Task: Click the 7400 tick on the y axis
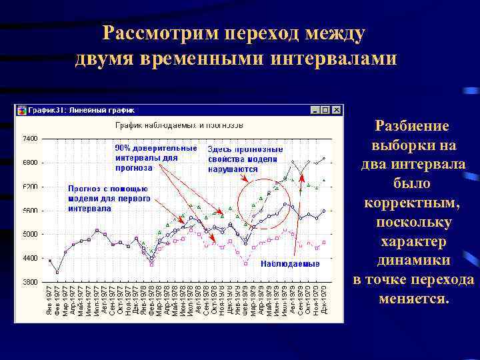tap(30, 139)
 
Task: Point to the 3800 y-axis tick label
tap(30, 282)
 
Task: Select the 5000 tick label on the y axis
tap(30, 234)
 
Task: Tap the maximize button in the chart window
tap(326, 110)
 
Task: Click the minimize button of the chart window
tap(316, 110)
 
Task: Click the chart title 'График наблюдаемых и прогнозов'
tap(179, 125)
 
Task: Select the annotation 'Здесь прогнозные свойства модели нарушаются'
tap(245, 159)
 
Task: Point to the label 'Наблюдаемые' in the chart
tap(290, 264)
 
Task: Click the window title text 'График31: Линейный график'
tap(81, 110)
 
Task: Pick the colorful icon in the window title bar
tap(21, 110)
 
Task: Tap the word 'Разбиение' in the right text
tap(413, 125)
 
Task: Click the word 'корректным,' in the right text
tap(413, 202)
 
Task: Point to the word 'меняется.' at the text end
tap(413, 298)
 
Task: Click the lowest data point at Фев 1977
tap(57, 272)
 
